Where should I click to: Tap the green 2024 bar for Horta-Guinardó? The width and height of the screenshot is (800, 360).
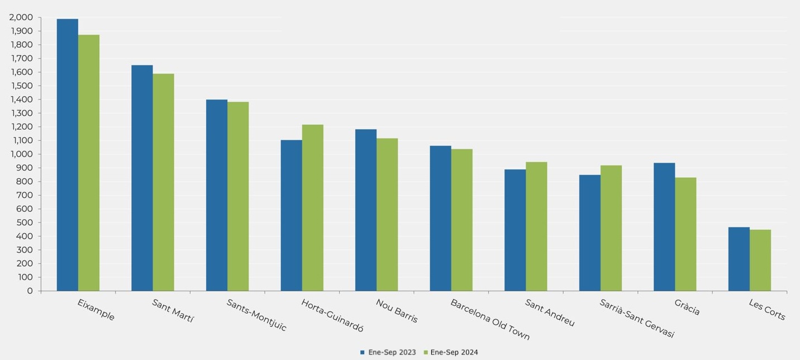(312, 207)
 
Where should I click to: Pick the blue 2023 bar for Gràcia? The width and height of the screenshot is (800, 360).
(664, 227)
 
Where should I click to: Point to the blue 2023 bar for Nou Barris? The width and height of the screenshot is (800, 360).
(366, 210)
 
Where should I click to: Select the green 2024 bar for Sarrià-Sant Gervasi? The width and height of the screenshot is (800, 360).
(611, 228)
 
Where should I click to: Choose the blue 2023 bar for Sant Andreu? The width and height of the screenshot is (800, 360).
(515, 230)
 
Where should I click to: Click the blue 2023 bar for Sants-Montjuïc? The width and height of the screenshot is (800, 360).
(217, 195)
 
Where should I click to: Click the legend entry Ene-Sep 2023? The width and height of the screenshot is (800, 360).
(388, 353)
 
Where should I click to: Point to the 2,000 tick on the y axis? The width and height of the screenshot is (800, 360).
(21, 17)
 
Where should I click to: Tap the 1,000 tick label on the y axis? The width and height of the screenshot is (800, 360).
(21, 154)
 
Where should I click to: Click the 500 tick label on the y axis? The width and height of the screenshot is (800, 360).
(25, 222)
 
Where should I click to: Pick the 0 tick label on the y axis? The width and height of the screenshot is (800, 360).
(30, 291)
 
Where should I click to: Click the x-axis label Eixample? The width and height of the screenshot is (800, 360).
(96, 310)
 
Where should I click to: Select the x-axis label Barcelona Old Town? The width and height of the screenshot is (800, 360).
(490, 320)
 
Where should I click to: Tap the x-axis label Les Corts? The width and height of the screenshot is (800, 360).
(767, 310)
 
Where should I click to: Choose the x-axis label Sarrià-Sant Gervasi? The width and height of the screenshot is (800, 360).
(637, 319)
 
